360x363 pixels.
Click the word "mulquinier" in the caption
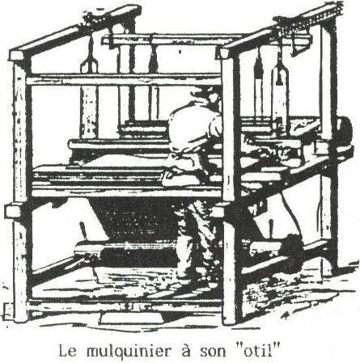(x=129, y=352)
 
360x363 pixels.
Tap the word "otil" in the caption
(x=257, y=351)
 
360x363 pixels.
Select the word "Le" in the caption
(x=67, y=352)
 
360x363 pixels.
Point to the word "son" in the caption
(x=213, y=352)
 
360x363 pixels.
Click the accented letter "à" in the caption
(x=185, y=351)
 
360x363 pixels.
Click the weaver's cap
(x=205, y=94)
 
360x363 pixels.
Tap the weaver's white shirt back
(x=193, y=128)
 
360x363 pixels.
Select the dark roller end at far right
(x=345, y=129)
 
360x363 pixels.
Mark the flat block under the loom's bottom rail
(x=132, y=319)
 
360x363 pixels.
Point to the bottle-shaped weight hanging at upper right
(x=281, y=89)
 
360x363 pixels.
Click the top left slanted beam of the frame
(x=75, y=30)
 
